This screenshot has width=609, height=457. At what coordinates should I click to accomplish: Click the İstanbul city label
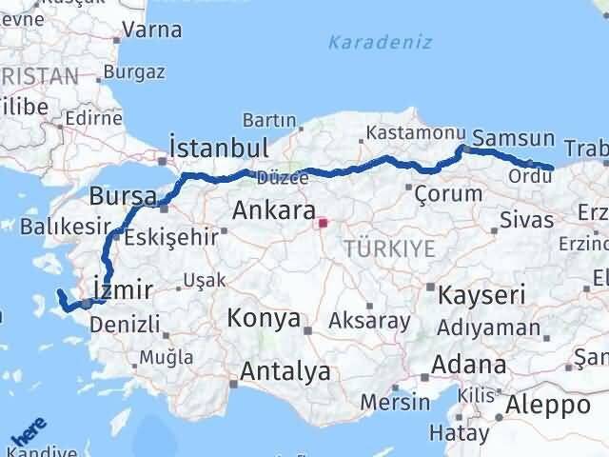[x=218, y=147]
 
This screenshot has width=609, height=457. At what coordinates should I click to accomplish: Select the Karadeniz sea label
[x=380, y=43]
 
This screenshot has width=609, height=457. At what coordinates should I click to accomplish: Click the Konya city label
[x=264, y=318]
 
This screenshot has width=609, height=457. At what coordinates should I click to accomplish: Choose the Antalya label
[x=285, y=370]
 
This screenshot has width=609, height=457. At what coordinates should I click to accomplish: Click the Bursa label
[x=123, y=197]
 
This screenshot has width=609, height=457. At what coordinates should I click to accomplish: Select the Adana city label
[x=469, y=365]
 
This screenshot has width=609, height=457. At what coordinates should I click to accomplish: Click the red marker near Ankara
[x=323, y=224]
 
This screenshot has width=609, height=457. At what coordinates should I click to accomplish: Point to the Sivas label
[x=527, y=221]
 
